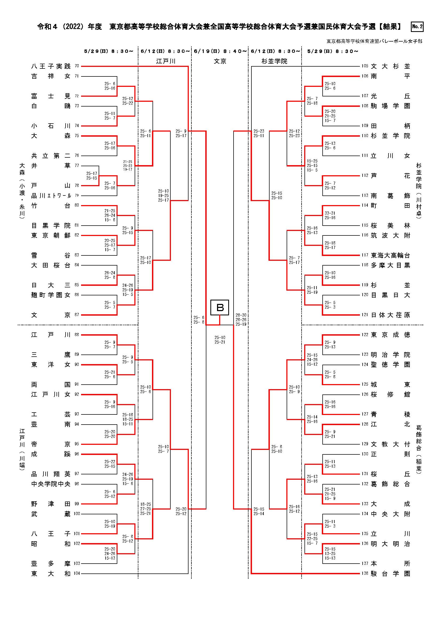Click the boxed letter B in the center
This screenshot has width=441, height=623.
[x=220, y=307]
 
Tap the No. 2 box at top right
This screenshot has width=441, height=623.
[x=417, y=27]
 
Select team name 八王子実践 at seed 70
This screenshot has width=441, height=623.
[x=51, y=66]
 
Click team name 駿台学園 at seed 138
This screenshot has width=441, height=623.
[x=390, y=574]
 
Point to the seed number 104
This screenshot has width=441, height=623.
[x=77, y=574]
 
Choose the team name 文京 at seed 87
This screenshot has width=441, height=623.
[x=51, y=315]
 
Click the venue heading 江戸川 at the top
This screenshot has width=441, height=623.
[x=166, y=61]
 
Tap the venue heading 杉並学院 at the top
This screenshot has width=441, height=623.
[x=274, y=61]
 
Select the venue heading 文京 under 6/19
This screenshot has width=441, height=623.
[x=220, y=61]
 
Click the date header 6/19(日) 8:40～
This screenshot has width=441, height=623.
[x=220, y=51]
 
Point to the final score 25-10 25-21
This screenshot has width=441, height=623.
[x=220, y=340]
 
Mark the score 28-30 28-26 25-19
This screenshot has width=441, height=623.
[x=241, y=320]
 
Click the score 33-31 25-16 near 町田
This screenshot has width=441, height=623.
[x=330, y=215]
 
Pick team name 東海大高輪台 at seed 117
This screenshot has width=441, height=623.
[x=390, y=255]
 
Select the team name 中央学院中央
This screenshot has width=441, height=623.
[x=51, y=484]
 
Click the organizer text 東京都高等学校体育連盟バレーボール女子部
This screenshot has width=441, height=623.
[x=374, y=41]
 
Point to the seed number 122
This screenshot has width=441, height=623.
[x=364, y=335]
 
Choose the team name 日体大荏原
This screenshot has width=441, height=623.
[x=390, y=315]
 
